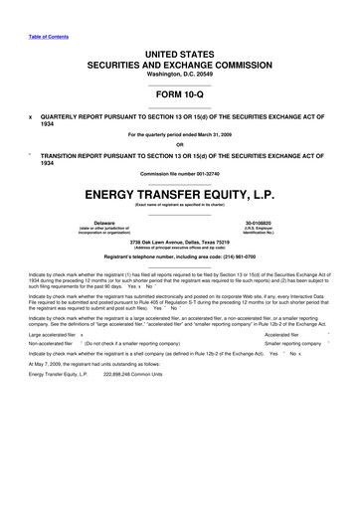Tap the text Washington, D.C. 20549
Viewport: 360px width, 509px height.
(180, 74)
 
